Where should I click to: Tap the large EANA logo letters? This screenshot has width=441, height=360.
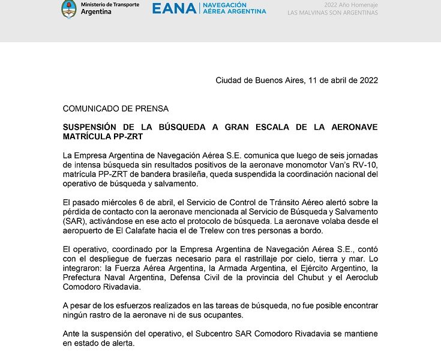(x=174, y=8)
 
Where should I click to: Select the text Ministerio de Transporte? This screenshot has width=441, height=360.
(x=110, y=5)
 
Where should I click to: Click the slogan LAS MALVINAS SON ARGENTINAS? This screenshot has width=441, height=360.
(x=332, y=13)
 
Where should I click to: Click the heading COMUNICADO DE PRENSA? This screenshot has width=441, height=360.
(x=116, y=109)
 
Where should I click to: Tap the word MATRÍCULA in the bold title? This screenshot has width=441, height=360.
(x=86, y=137)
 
